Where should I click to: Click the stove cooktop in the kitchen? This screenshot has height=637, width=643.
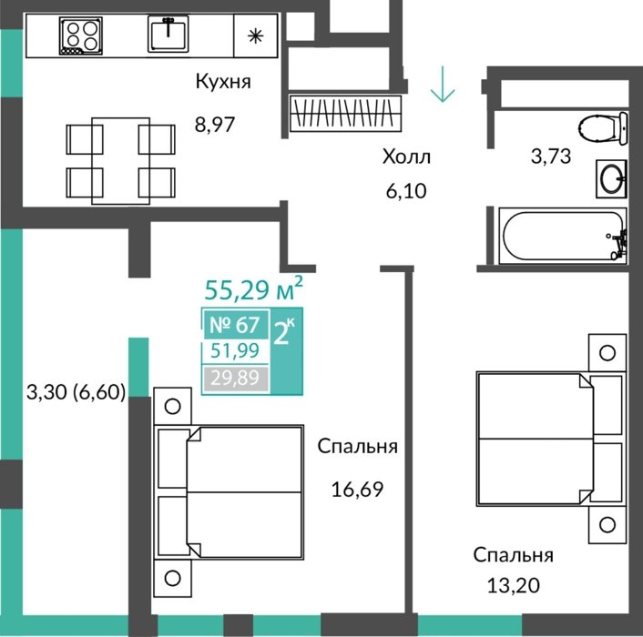(80, 35)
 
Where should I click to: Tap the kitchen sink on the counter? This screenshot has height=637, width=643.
(168, 34)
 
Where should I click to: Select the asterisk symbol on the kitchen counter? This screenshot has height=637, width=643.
(255, 36)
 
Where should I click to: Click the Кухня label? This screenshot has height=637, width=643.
(223, 82)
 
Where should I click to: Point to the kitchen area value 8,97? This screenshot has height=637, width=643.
(214, 124)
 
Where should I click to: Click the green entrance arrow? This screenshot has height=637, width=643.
(443, 84)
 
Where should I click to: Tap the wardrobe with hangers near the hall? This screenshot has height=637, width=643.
(345, 113)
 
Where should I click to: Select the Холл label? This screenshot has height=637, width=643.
(406, 157)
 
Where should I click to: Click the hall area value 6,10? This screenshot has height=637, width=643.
(406, 191)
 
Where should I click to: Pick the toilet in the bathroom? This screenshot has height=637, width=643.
(604, 127)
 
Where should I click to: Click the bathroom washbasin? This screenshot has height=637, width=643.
(611, 178)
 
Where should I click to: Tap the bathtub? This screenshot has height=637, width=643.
(563, 236)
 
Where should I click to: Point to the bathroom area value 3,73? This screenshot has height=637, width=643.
(551, 157)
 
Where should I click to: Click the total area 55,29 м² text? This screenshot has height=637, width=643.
(254, 288)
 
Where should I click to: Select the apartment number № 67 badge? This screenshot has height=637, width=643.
(235, 325)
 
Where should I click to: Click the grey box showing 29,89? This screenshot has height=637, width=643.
(235, 378)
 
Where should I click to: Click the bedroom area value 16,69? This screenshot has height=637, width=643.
(357, 489)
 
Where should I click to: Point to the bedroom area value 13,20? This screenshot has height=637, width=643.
(513, 586)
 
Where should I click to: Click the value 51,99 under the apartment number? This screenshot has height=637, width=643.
(235, 350)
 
